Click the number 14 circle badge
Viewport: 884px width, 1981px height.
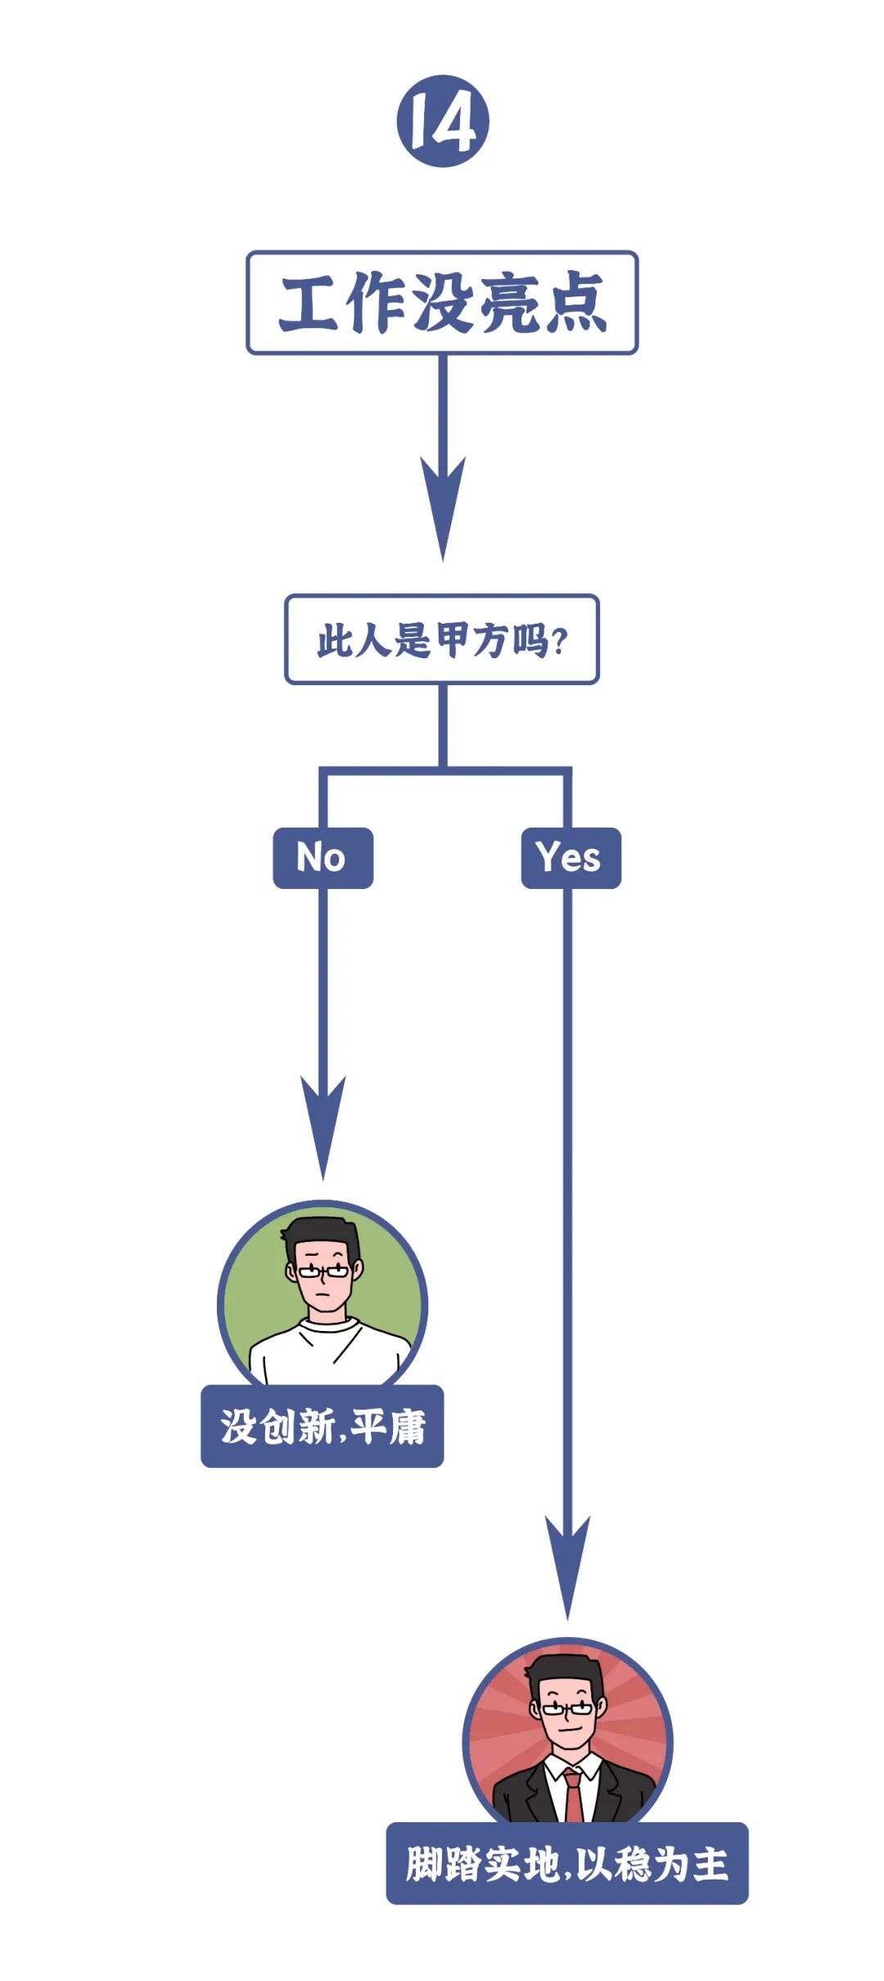(443, 121)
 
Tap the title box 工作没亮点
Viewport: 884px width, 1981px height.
(442, 303)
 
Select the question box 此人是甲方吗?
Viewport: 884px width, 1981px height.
(442, 639)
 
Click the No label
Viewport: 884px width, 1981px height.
(322, 858)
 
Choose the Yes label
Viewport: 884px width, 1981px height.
(571, 858)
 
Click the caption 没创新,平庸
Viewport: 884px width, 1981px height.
(322, 1427)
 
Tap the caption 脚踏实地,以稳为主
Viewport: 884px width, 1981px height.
(566, 1864)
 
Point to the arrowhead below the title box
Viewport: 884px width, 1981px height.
(443, 508)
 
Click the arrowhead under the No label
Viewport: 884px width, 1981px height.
(323, 1126)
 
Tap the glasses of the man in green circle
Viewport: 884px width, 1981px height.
(322, 1271)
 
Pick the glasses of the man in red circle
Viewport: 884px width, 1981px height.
(567, 1708)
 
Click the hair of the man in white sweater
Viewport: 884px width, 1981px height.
(322, 1234)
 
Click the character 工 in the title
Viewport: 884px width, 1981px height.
(309, 304)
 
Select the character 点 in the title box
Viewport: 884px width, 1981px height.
(575, 304)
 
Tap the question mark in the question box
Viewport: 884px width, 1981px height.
(560, 641)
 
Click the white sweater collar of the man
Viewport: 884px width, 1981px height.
(327, 1324)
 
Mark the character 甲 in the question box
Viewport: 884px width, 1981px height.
(452, 639)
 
